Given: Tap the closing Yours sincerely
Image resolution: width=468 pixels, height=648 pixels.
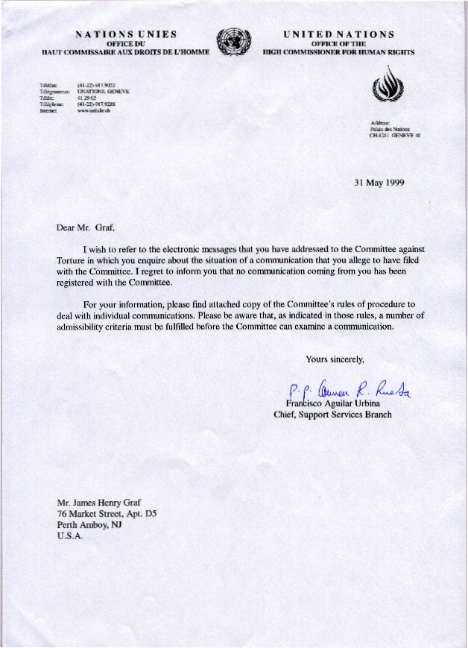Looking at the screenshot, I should pos(335,359).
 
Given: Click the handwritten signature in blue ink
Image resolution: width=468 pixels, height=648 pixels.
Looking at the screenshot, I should pos(350,387).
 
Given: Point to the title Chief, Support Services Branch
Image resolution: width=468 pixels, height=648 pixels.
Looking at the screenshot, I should pos(332,415).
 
